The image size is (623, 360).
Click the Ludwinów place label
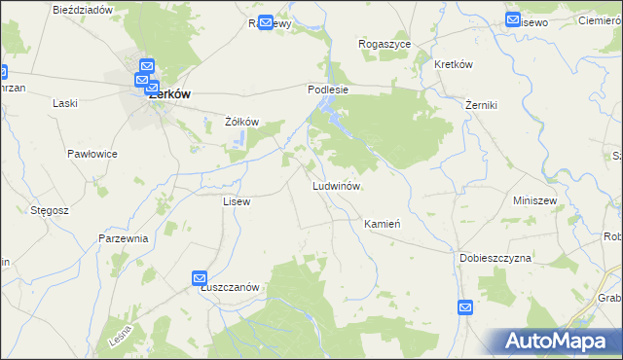coord(337,185)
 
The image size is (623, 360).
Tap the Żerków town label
coord(167,94)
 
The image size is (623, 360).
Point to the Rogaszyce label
coord(385,45)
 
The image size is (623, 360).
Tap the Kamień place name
coord(383,223)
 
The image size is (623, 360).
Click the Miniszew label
coord(533,199)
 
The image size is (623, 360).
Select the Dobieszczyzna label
coord(495,258)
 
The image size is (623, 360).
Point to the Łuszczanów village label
coord(229,287)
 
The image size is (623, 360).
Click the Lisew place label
coord(237,201)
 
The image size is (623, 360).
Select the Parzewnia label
coord(123,238)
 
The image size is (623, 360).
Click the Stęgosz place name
coord(49,208)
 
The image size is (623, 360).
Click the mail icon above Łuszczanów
coord(200,278)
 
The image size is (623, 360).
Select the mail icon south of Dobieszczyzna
coord(465,307)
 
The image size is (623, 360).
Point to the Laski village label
coord(65,102)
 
